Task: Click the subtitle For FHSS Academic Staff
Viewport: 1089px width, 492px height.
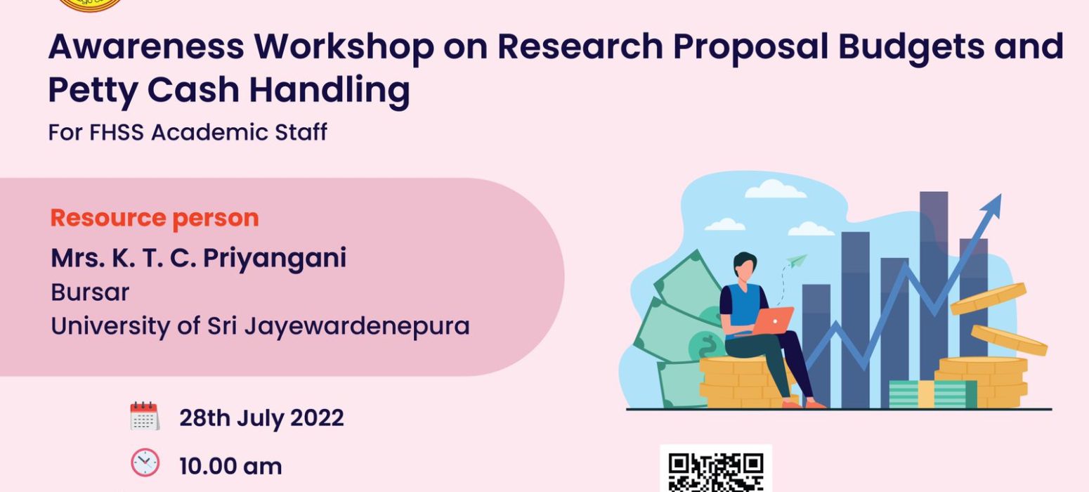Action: pyautogui.click(x=188, y=132)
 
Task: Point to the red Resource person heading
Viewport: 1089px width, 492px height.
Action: pyautogui.click(x=155, y=218)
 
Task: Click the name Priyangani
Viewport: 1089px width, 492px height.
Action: pyautogui.click(x=275, y=259)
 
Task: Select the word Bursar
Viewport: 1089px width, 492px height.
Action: pyautogui.click(x=90, y=292)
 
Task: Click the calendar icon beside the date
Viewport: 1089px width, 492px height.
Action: pyautogui.click(x=145, y=416)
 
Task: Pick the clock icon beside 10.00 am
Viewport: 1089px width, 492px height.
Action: pyautogui.click(x=145, y=462)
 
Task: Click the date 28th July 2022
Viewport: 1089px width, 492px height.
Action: pyautogui.click(x=261, y=418)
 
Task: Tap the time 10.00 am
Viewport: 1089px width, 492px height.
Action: pyautogui.click(x=230, y=466)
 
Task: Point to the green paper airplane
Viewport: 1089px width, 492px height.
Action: pyautogui.click(x=797, y=261)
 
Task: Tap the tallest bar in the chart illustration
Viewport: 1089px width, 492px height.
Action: pyautogui.click(x=934, y=292)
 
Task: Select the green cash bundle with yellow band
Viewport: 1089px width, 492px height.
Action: pyautogui.click(x=933, y=394)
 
